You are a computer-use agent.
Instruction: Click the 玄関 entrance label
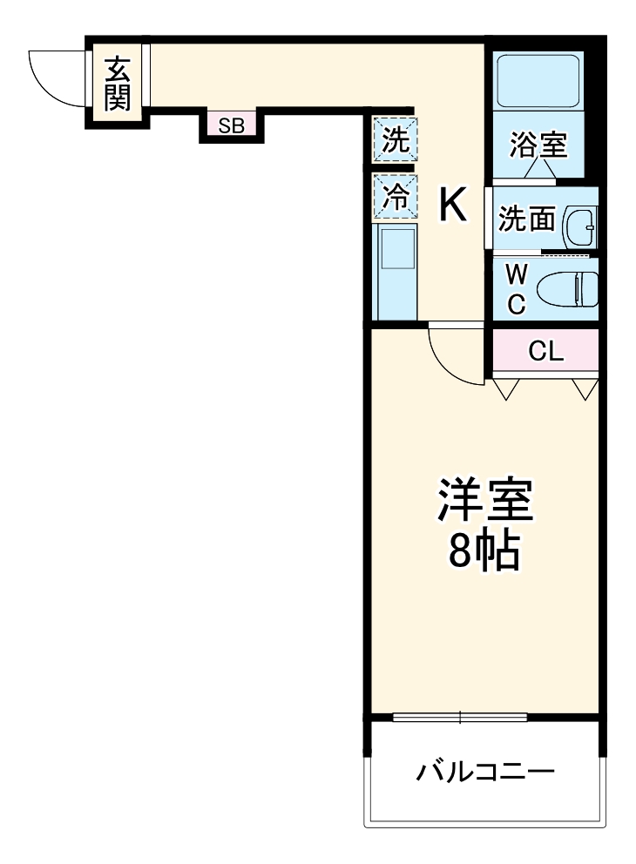pos(118,84)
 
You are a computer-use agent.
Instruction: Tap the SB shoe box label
pos(231,125)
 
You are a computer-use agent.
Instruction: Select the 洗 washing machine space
pos(396,139)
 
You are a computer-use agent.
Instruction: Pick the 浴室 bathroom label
pos(539,145)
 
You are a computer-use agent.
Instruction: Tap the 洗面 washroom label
pos(526,220)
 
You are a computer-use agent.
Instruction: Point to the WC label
pos(517,290)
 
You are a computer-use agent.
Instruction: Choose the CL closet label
pos(546,352)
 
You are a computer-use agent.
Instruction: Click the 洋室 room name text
pos(484,501)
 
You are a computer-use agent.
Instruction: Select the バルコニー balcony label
pos(484,772)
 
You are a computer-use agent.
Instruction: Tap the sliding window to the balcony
pos(460,717)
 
